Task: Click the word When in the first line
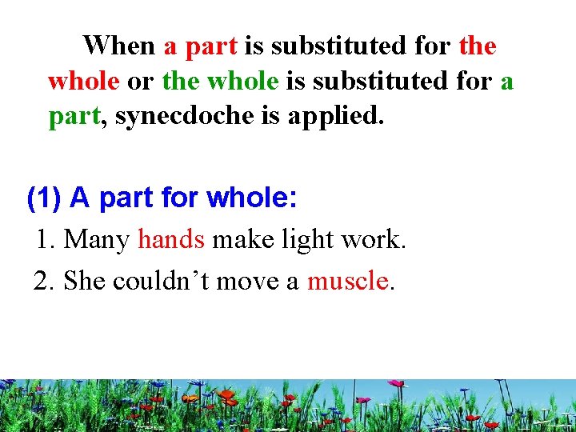point(120,46)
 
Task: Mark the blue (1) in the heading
point(45,198)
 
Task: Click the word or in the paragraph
point(141,82)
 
